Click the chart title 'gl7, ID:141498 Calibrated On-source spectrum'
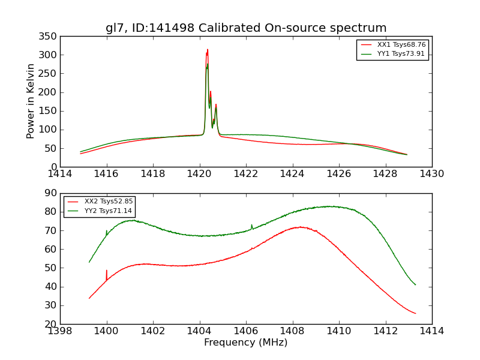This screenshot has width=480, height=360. [246, 28]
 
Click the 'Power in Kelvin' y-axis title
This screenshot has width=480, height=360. [31, 101]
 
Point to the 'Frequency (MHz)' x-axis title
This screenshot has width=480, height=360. [246, 343]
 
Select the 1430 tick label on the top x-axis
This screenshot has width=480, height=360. [432, 174]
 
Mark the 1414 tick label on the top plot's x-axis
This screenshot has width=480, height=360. [60, 174]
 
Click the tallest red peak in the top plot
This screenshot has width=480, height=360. [208, 50]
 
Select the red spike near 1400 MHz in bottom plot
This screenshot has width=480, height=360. [107, 271]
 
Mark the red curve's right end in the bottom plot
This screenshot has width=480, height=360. [415, 313]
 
